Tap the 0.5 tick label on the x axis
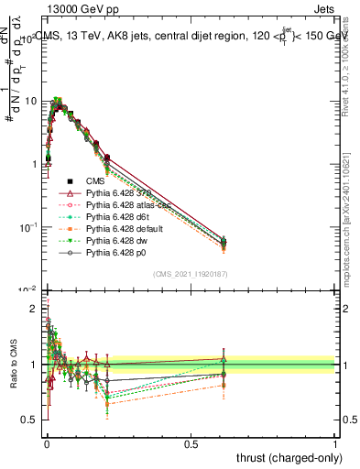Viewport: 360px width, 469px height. [191, 443]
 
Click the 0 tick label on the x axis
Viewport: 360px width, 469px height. [47, 443]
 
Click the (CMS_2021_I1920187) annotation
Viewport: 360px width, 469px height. [191, 273]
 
